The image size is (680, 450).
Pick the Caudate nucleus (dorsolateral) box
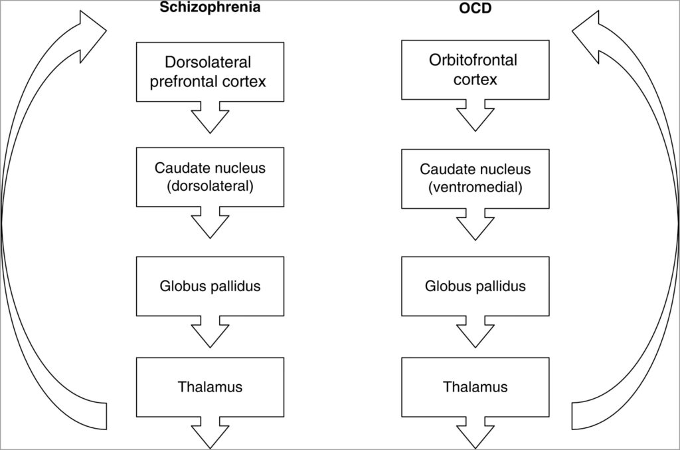pyautogui.click(x=209, y=177)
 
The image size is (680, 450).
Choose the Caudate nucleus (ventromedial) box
pyautogui.click(x=475, y=177)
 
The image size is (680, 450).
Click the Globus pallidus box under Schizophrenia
pyautogui.click(x=209, y=286)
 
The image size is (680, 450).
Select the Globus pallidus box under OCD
pyautogui.click(x=475, y=286)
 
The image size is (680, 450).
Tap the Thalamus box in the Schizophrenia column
pyautogui.click(x=209, y=386)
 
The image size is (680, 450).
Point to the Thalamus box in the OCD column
pyautogui.click(x=475, y=386)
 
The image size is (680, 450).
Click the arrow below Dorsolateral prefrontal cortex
pyautogui.click(x=210, y=120)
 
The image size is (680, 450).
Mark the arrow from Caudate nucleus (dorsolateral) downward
pyautogui.click(x=210, y=224)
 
